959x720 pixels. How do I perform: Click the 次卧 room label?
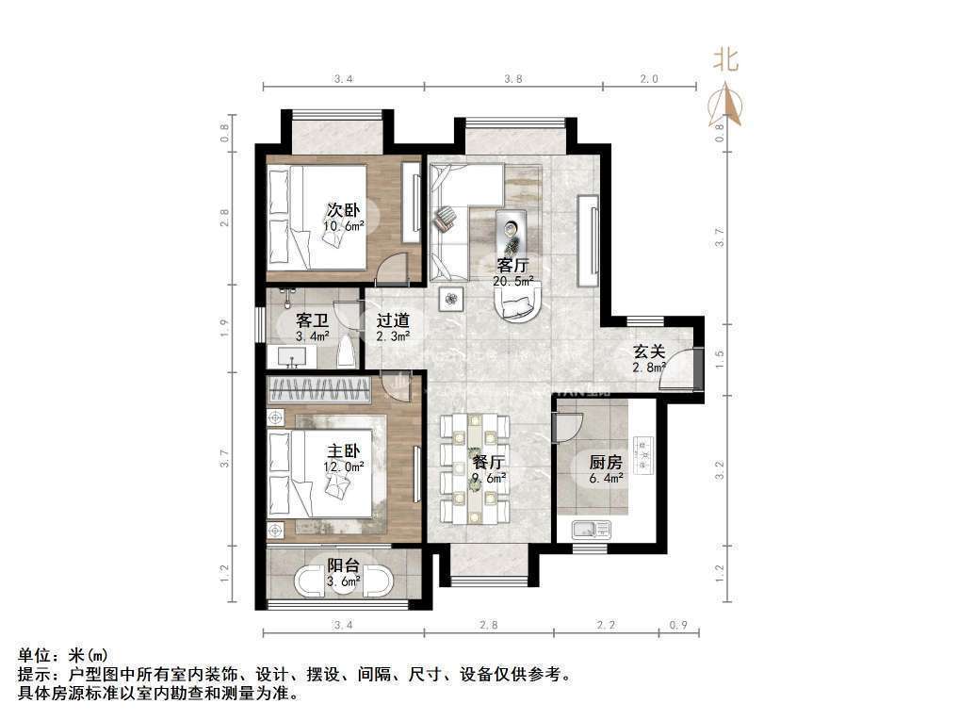click(343, 210)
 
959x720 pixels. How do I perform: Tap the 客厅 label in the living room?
click(512, 266)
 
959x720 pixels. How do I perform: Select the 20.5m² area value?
click(513, 282)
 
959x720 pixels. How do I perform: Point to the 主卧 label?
click(343, 450)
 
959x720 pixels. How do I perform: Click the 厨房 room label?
click(606, 462)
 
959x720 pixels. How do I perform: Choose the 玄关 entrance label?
click(649, 352)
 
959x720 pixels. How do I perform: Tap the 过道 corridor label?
click(393, 319)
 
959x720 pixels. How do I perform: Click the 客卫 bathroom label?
click(312, 319)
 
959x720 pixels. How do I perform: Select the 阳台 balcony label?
click(343, 565)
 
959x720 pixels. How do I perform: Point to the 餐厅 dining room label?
click(488, 462)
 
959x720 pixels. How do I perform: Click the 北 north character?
click(726, 60)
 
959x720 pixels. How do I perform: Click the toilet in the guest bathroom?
click(347, 352)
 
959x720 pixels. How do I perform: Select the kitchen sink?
click(591, 528)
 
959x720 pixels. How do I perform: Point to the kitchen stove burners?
click(643, 455)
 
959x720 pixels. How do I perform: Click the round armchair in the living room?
click(517, 303)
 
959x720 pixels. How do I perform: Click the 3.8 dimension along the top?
click(513, 79)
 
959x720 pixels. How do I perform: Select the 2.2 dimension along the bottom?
click(606, 625)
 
